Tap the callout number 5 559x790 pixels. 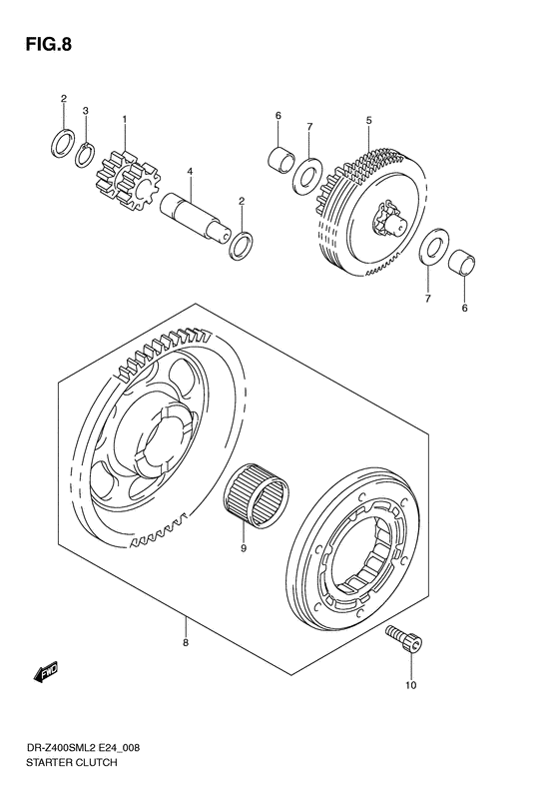click(x=368, y=121)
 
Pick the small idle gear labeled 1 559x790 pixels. click(x=126, y=177)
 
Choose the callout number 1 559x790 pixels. click(x=124, y=120)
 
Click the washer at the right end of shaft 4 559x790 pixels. click(x=241, y=244)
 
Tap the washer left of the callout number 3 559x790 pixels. click(x=62, y=144)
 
